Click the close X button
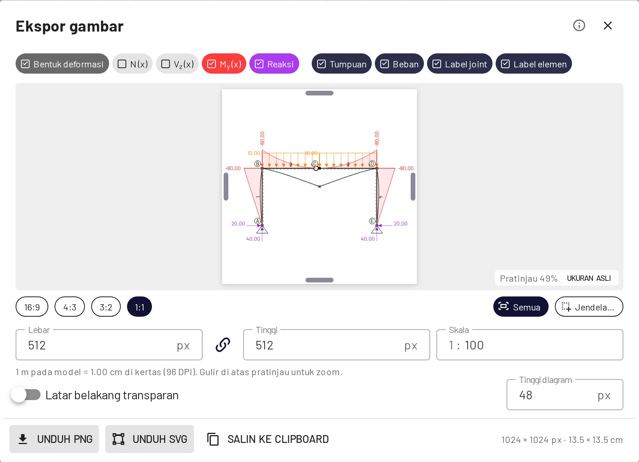pos(607,26)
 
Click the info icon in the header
pos(579,26)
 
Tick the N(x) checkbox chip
pos(132,64)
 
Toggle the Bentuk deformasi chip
pos(62,64)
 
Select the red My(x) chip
pos(224,64)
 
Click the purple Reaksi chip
pos(274,64)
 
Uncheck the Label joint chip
pos(459,64)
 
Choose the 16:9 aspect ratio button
pos(32,307)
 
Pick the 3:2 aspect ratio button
pos(106,307)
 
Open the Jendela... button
pos(589,307)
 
